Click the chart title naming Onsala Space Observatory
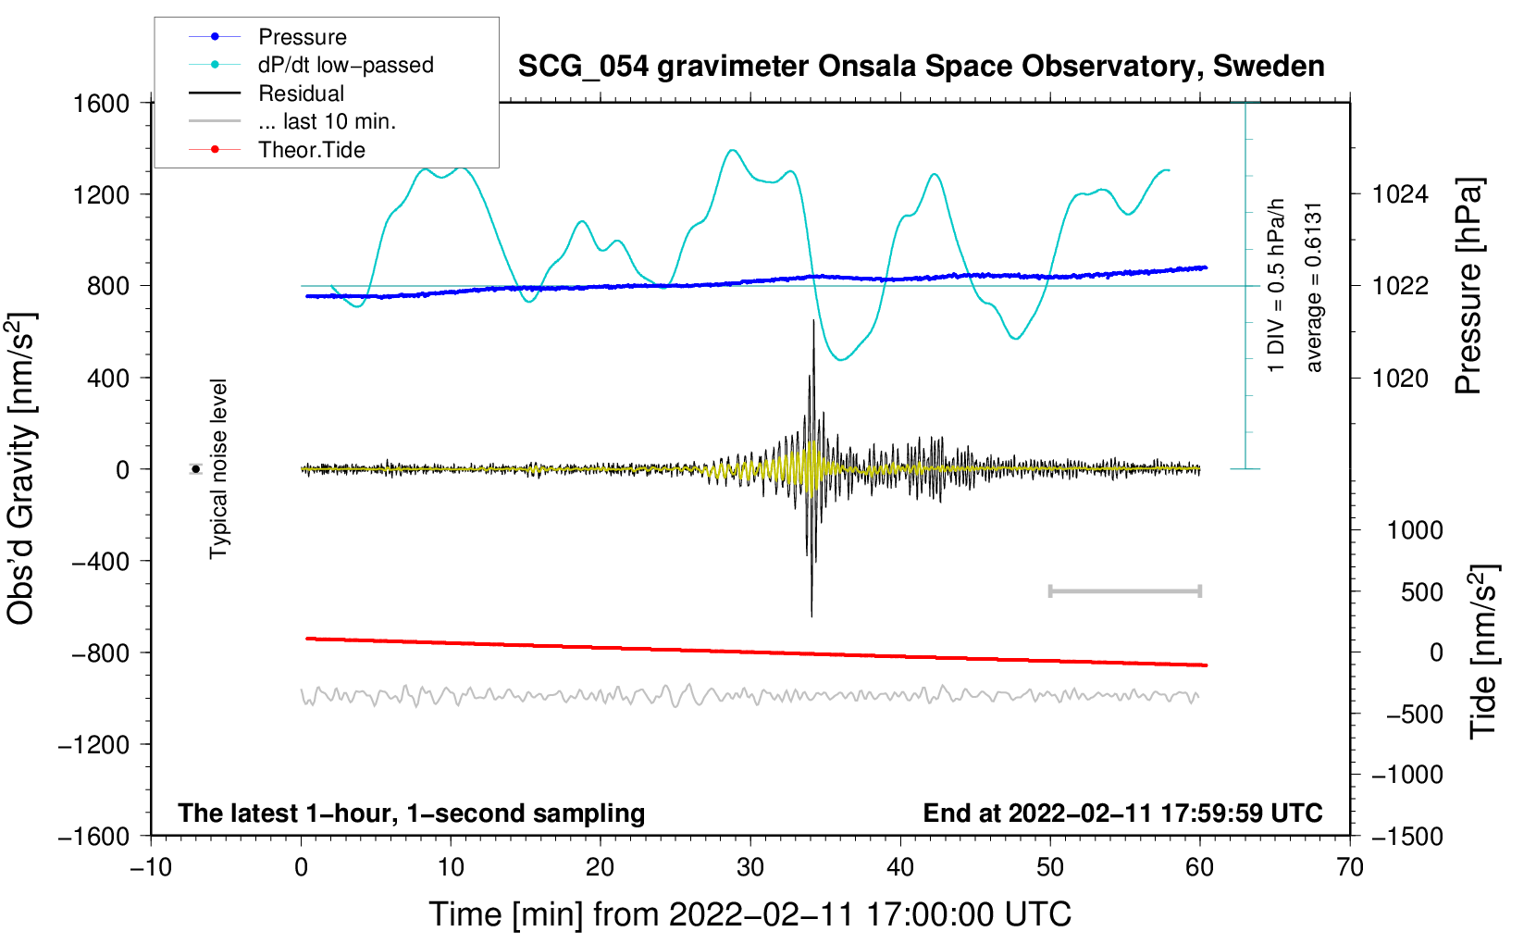(x=921, y=67)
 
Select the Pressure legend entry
(x=302, y=37)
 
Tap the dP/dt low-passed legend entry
(x=345, y=65)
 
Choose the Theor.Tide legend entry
(x=311, y=150)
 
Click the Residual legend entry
(x=301, y=93)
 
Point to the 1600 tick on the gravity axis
(x=102, y=103)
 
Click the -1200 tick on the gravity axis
(x=94, y=745)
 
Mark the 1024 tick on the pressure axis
(x=1400, y=194)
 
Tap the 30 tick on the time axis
(x=750, y=867)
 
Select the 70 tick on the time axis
(x=1350, y=867)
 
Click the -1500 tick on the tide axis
(x=1406, y=837)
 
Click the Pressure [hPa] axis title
(x=1468, y=286)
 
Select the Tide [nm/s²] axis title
(x=1483, y=652)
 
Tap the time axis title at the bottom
(x=749, y=914)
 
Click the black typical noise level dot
(x=196, y=469)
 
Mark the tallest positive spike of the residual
(x=813, y=322)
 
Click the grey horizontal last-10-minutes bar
(x=1124, y=590)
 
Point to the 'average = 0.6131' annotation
(x=1314, y=287)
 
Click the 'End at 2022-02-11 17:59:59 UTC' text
(x=1122, y=814)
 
